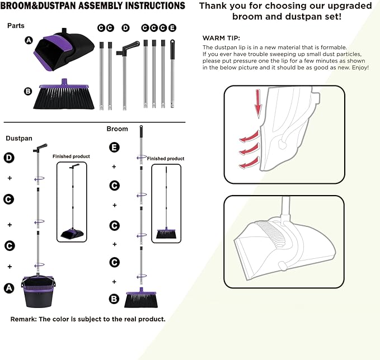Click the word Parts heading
16,26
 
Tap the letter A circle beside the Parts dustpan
29,40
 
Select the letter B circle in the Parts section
28,91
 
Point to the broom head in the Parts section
62,97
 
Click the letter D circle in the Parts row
125,27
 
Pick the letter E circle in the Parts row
172,27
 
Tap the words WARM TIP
221,37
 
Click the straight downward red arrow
258,107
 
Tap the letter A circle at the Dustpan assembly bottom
8,288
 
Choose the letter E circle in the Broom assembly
114,148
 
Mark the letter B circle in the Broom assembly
114,299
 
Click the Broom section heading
117,129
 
